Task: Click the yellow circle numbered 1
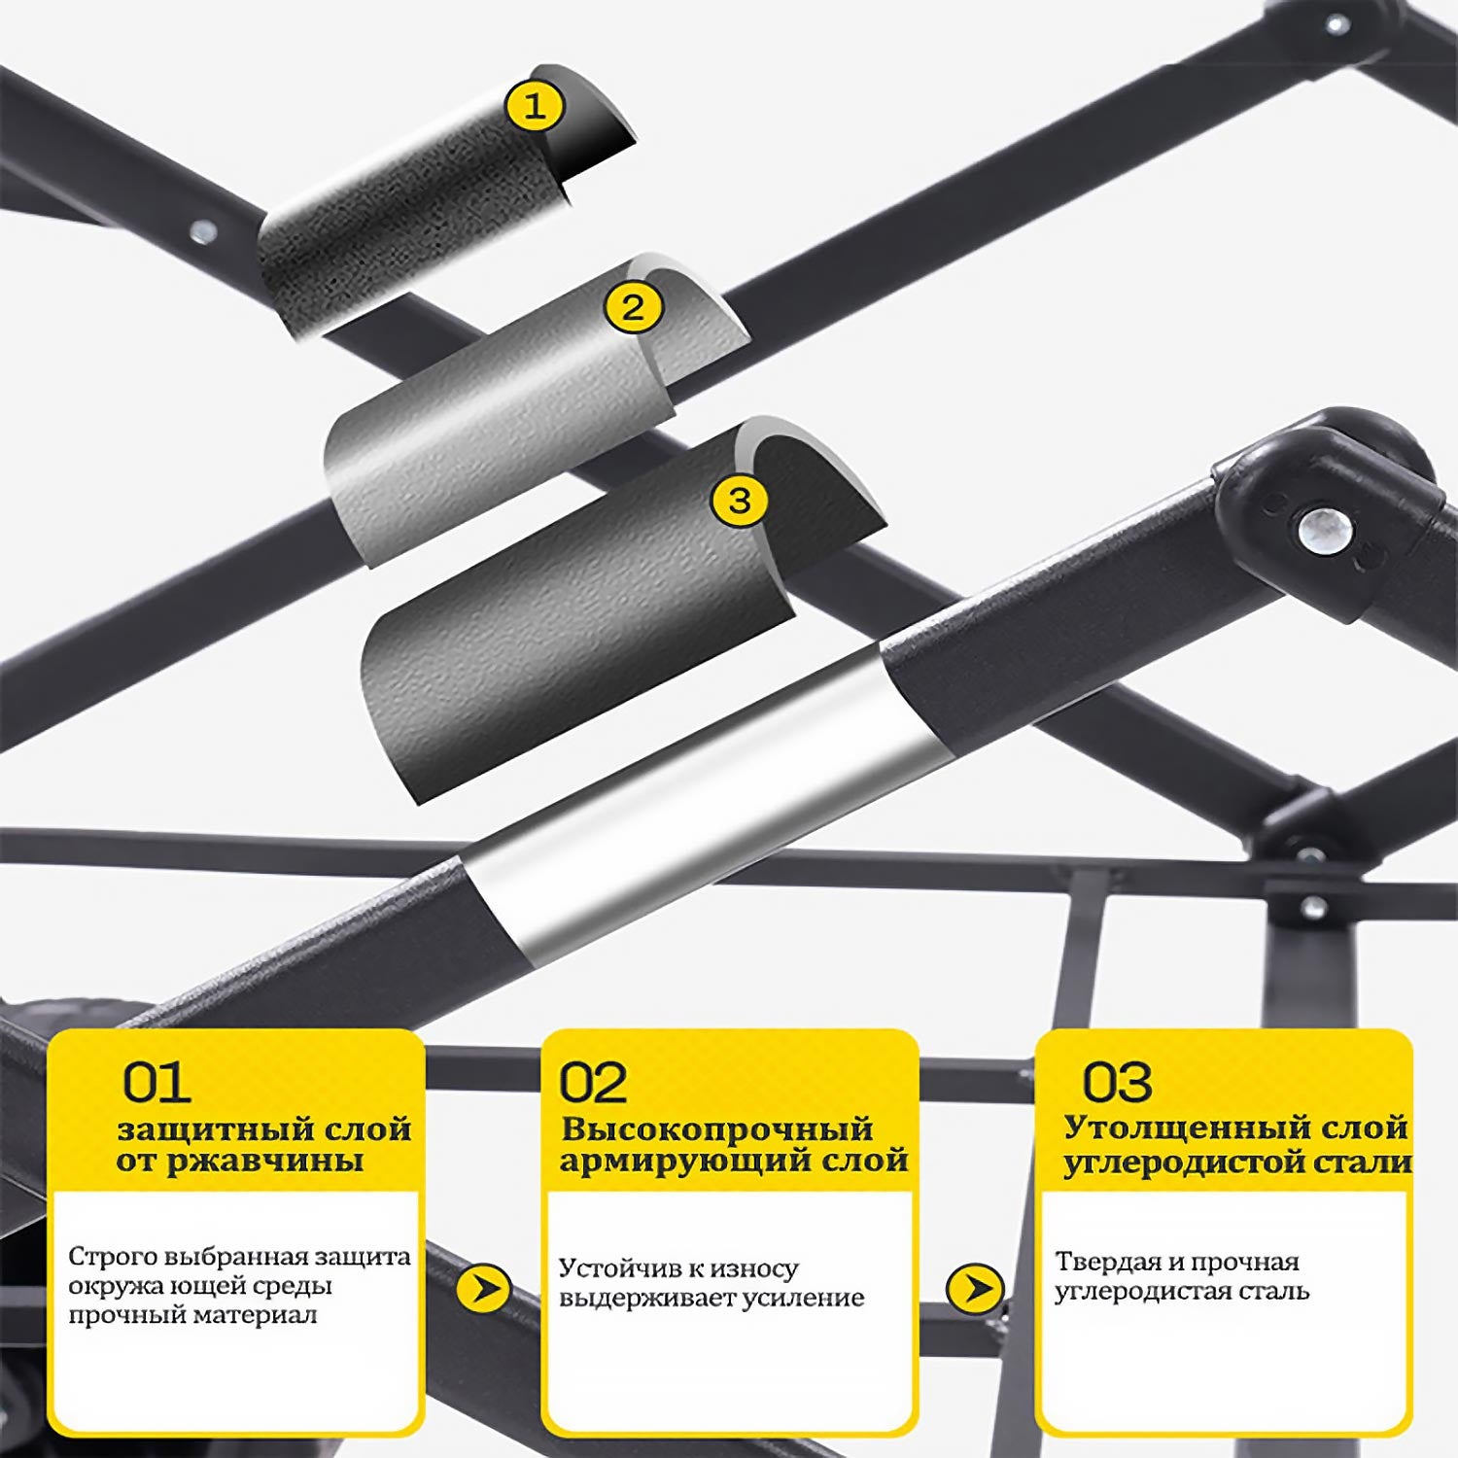pyautogui.click(x=535, y=106)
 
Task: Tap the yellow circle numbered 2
pyautogui.click(x=633, y=308)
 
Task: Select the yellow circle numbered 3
pyautogui.click(x=740, y=500)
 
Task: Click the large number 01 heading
pyautogui.click(x=156, y=1082)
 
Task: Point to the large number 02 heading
pyautogui.click(x=593, y=1082)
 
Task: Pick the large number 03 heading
pyautogui.click(x=1118, y=1082)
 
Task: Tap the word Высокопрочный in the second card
pyautogui.click(x=717, y=1129)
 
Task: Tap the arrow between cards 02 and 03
pyautogui.click(x=975, y=1288)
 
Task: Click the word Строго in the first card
pyautogui.click(x=104, y=1256)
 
